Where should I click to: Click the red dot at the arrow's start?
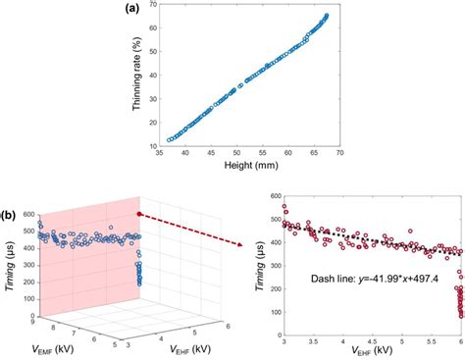[139, 212]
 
